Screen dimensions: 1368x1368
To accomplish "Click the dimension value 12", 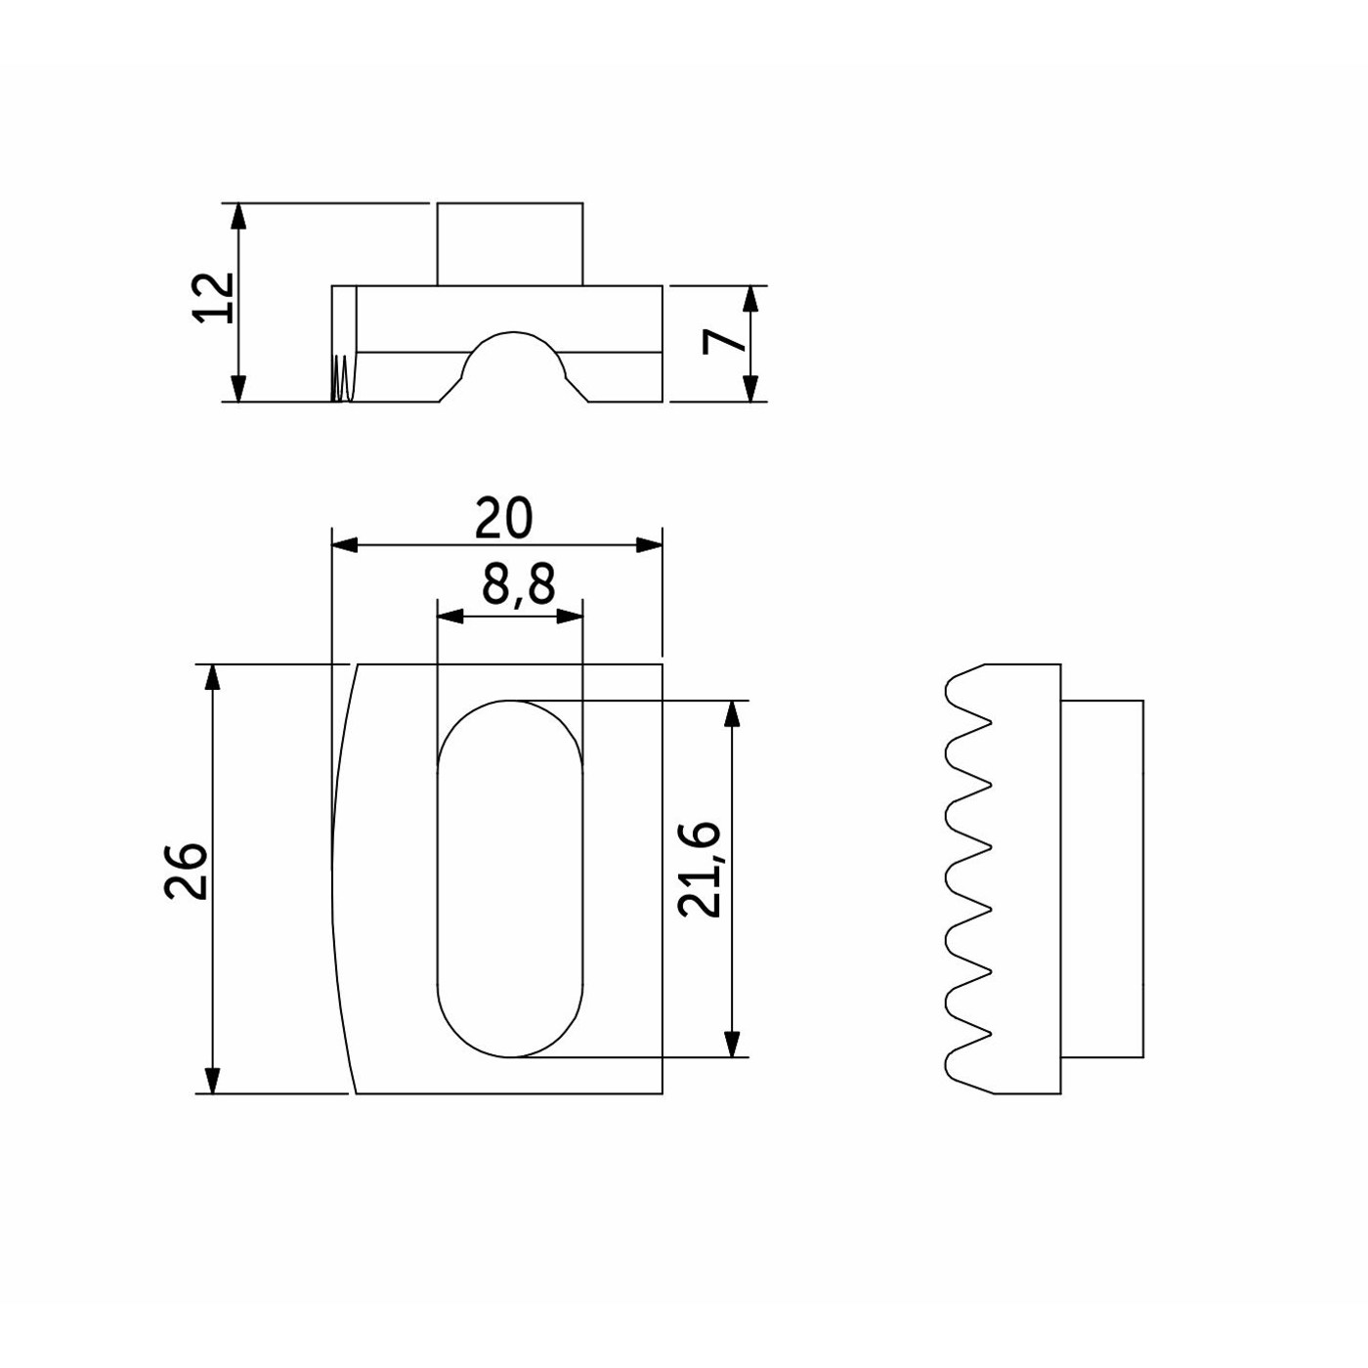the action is (x=214, y=297).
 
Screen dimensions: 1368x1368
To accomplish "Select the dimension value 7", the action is (x=723, y=343).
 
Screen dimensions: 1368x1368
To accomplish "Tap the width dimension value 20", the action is (x=502, y=518).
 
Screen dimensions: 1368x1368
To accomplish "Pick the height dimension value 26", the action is (x=186, y=871).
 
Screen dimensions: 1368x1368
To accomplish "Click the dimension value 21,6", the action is (x=700, y=870).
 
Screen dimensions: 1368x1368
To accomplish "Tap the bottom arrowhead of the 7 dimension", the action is (x=752, y=389).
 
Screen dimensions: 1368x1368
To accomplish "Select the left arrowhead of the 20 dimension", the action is (x=344, y=545).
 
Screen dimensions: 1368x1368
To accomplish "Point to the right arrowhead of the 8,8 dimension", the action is (x=570, y=617).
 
